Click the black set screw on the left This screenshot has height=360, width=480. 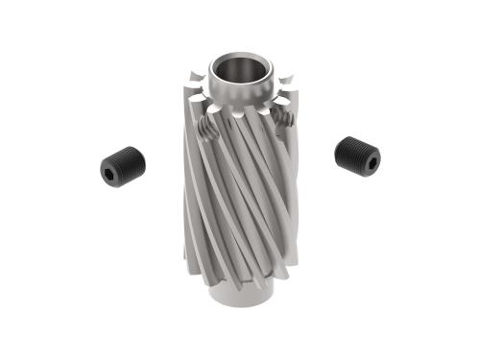[x=120, y=165]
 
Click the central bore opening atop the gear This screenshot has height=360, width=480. [x=239, y=70]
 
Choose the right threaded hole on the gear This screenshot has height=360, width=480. [x=281, y=118]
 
